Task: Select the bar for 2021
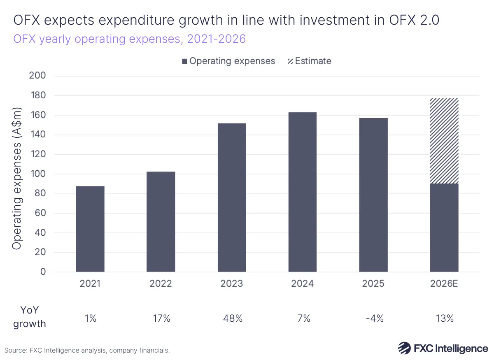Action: coord(90,229)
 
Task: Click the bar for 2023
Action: coord(232,197)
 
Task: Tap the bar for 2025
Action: coord(373,195)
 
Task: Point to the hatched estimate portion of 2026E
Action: coord(444,141)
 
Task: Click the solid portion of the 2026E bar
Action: coord(444,228)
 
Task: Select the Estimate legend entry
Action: coord(309,61)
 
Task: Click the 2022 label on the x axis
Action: coord(161,284)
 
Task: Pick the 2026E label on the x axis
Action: coord(444,284)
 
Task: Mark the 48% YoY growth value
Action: coord(232,318)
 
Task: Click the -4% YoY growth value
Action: coord(373,318)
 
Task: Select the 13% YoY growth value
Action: coord(444,318)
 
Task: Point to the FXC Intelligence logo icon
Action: coord(404,348)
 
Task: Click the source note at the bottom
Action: coord(87,351)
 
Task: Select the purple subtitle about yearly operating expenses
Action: coord(129,39)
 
